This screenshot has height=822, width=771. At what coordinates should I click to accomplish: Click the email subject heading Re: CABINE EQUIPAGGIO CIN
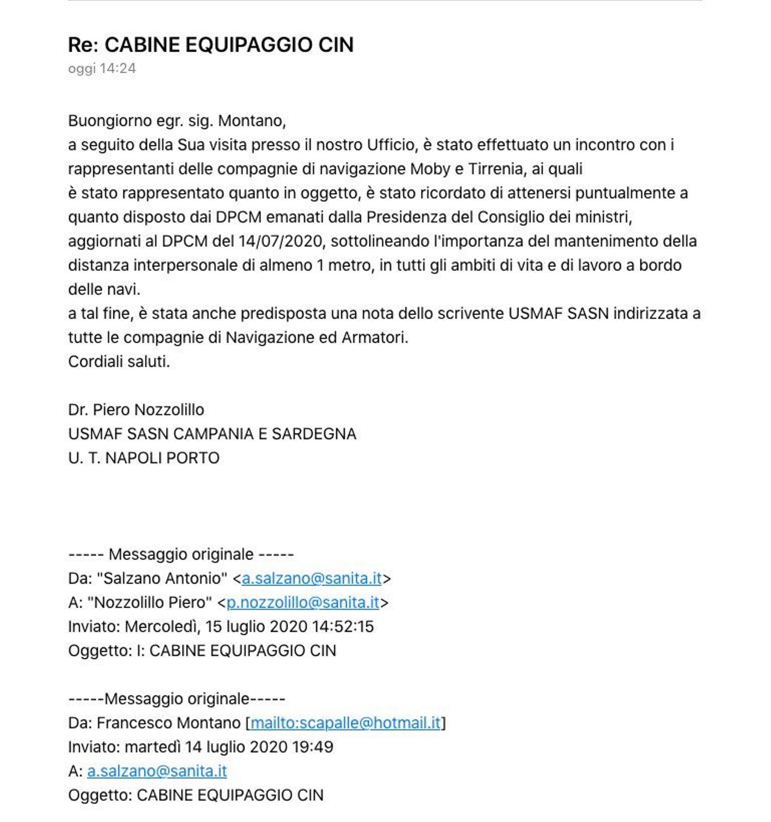tap(210, 44)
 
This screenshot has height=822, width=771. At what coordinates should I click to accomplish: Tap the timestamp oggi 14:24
tap(102, 69)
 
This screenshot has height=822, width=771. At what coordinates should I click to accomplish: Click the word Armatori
tap(375, 338)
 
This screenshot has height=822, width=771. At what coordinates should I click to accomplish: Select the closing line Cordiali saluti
tap(119, 361)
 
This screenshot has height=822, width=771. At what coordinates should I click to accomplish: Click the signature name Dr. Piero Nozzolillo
tap(136, 410)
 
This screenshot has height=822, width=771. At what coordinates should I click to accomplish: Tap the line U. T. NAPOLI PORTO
tap(144, 458)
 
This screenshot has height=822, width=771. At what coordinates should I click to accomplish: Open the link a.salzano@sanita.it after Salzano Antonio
tap(312, 578)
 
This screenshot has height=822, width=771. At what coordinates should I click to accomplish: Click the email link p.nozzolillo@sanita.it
tap(303, 603)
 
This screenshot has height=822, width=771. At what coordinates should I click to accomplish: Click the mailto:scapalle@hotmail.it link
tap(345, 723)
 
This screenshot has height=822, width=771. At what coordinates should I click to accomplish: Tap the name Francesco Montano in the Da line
tap(168, 723)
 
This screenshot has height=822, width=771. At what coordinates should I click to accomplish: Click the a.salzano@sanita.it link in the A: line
tap(157, 771)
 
